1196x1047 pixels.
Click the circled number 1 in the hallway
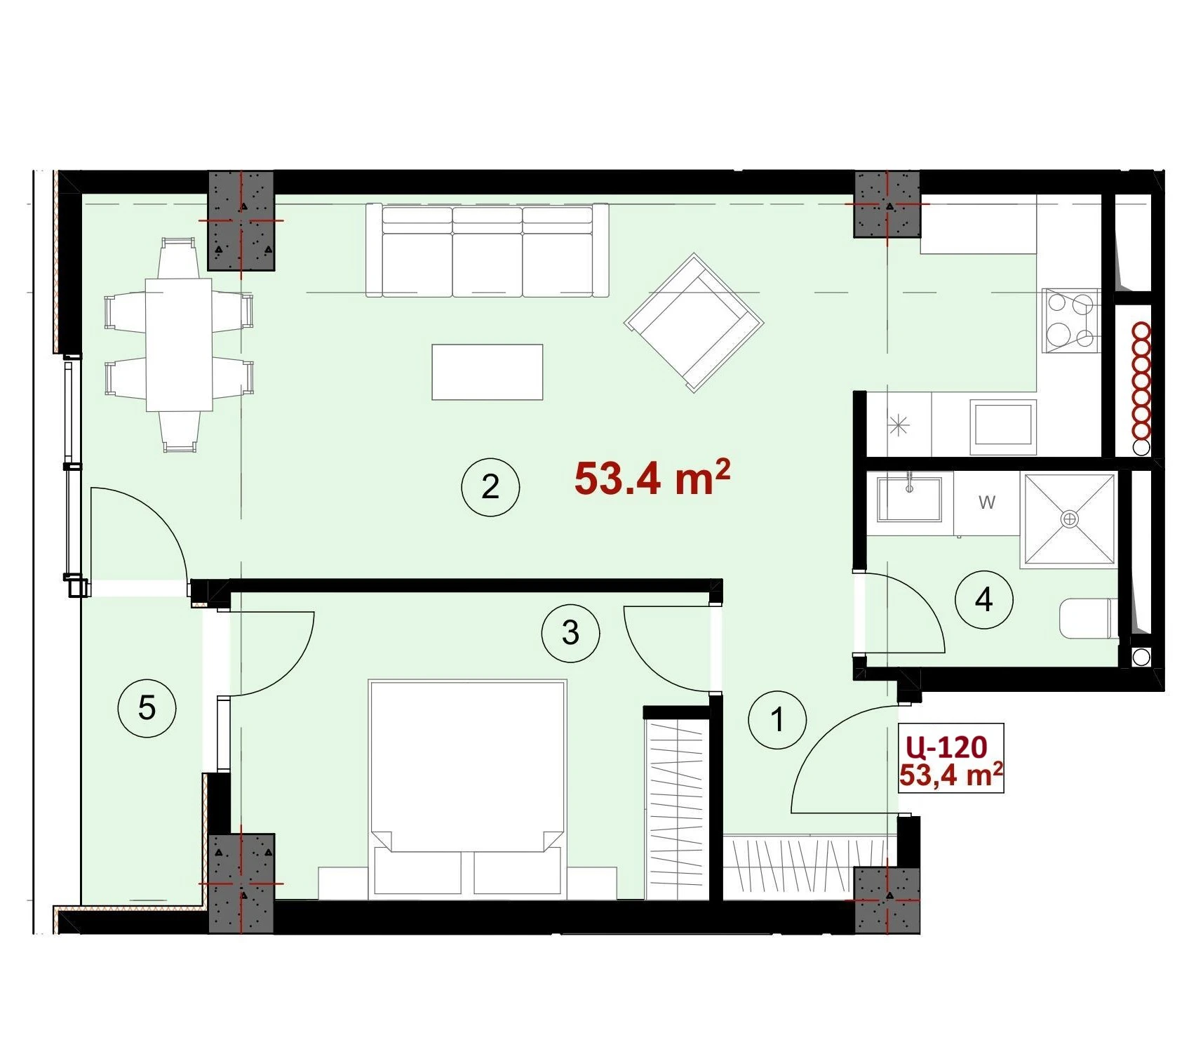pos(777,719)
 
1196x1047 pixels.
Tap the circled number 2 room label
pos(490,487)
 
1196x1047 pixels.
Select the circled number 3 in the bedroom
pos(570,633)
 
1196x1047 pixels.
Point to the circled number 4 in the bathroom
pos(984,599)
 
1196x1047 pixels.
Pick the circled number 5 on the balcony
pos(147,707)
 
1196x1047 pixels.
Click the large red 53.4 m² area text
pos(652,478)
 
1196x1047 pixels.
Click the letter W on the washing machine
pos(986,502)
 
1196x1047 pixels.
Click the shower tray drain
pos(1070,519)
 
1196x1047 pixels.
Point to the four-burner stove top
pos(1071,320)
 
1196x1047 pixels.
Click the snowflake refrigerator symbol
pos(899,425)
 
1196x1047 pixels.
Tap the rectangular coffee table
pos(488,372)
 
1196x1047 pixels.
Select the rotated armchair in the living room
pos(694,323)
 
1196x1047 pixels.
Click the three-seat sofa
pos(488,251)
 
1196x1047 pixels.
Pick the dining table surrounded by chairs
pos(179,345)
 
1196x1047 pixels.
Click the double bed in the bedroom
pos(467,788)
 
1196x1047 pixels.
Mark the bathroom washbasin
pos(910,498)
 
